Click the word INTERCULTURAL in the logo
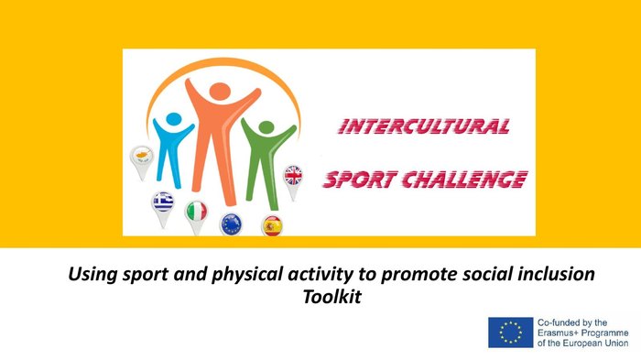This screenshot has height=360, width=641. pos(424,126)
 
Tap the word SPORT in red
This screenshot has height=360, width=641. pos(360,180)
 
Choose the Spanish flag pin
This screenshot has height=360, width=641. pos(272,226)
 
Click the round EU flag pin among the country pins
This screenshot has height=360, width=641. pos(232,224)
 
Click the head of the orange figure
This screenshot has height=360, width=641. pos(221,91)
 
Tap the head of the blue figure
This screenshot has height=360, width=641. pos(174,119)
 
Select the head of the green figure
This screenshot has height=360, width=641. pos(266,127)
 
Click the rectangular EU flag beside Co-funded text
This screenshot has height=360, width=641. pos(511,333)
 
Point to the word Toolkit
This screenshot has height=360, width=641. pos(331,297)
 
